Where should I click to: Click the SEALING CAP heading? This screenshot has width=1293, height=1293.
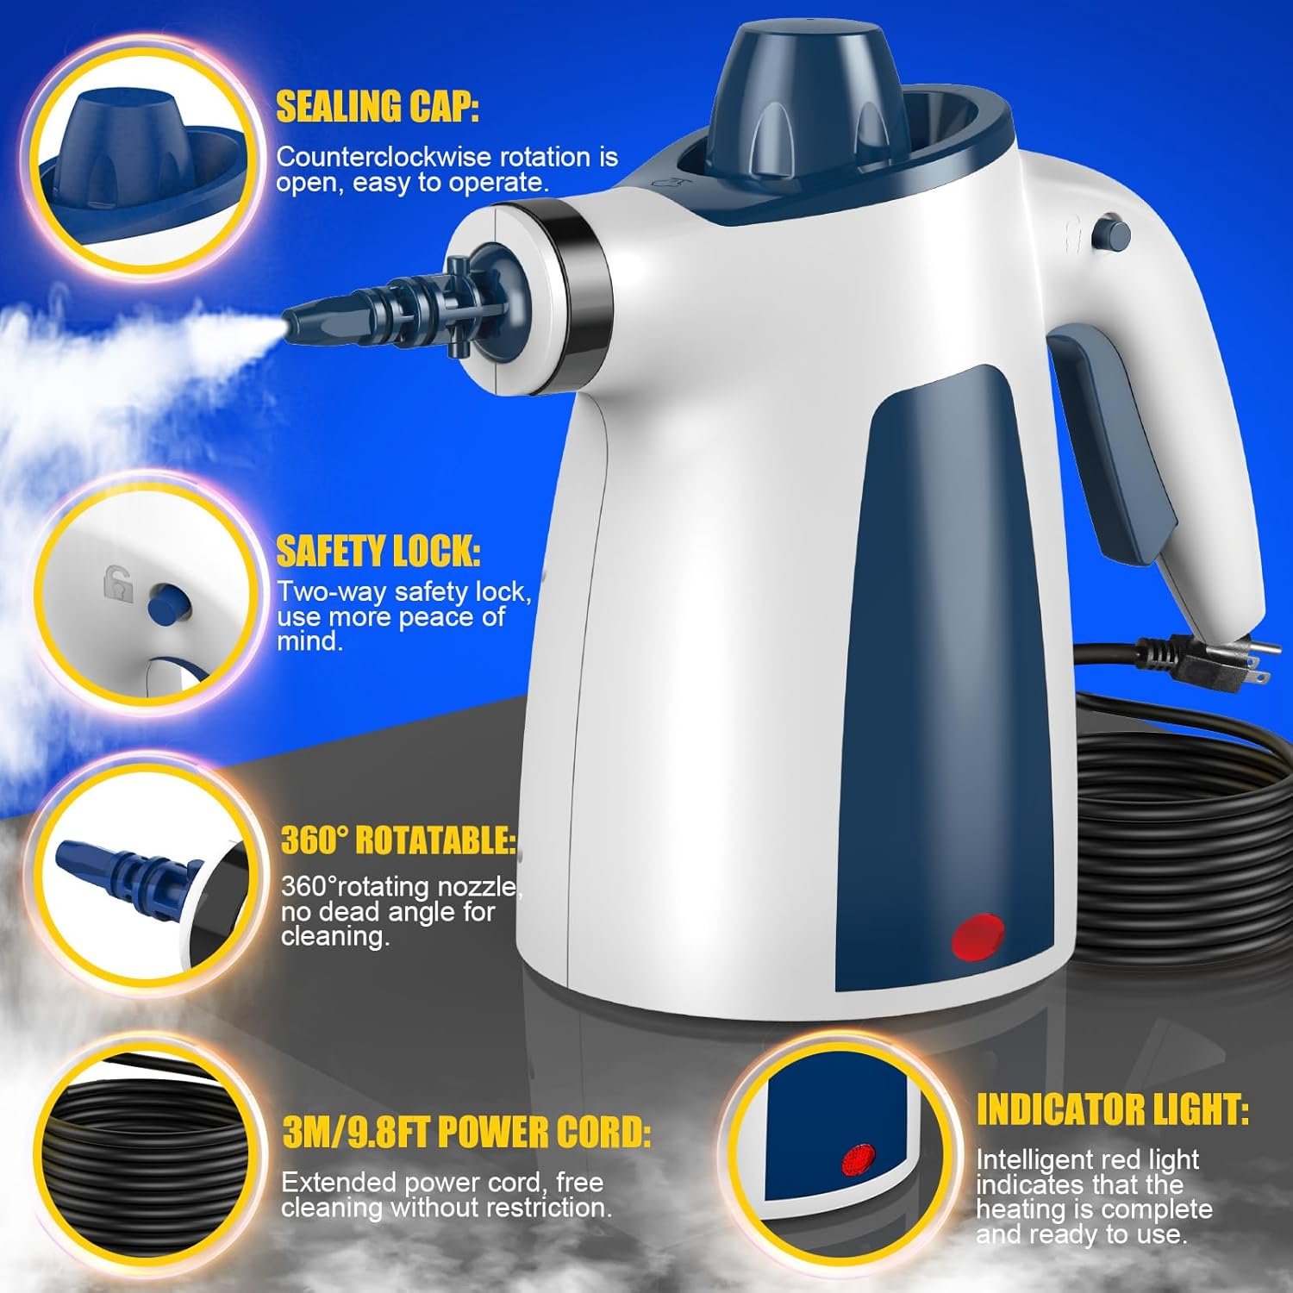point(377,107)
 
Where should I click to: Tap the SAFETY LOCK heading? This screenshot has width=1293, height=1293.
point(378,552)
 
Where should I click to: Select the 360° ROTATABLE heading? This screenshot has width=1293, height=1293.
point(398,840)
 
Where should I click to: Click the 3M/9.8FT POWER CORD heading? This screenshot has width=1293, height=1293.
point(466,1133)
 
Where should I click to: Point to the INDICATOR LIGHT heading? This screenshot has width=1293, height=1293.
point(1112,1110)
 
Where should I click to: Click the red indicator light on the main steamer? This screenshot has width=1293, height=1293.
point(978,937)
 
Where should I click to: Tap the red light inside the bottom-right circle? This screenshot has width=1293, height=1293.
point(857,1160)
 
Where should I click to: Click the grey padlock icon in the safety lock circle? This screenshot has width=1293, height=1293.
point(118,584)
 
